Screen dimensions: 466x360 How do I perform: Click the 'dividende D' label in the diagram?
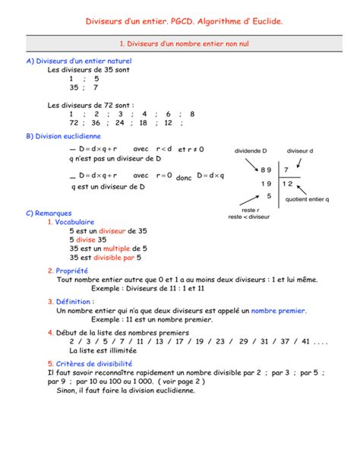pyautogui.click(x=251, y=151)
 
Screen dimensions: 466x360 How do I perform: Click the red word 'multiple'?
pyautogui.click(x=117, y=249)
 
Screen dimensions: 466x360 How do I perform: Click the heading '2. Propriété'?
pyautogui.click(x=68, y=271)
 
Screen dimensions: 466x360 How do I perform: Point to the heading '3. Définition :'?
pyautogui.click(x=71, y=302)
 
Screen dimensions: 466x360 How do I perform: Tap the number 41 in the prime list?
pyautogui.click(x=306, y=342)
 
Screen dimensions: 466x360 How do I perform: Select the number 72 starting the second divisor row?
pyautogui.click(x=74, y=122)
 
